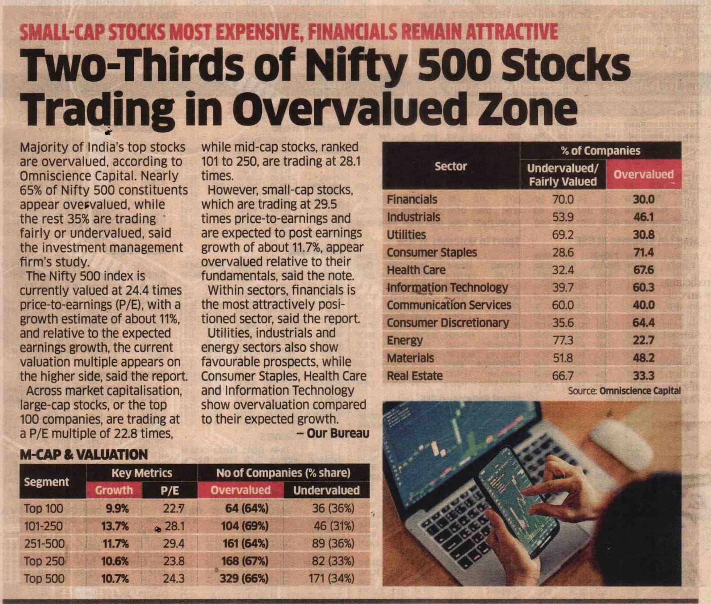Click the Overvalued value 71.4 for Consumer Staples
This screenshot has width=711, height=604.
click(643, 252)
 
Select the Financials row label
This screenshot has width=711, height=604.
click(412, 199)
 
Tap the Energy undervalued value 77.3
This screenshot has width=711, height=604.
click(563, 340)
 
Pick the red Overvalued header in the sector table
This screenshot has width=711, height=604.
click(643, 174)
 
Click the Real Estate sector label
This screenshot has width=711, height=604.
click(415, 376)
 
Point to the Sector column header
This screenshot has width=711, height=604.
click(451, 166)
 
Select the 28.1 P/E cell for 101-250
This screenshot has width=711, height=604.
click(174, 526)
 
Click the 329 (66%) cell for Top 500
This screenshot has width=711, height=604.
click(244, 579)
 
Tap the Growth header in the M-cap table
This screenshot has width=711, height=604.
click(114, 490)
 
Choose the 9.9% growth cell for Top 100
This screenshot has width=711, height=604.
click(117, 508)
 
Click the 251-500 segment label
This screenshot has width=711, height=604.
click(44, 544)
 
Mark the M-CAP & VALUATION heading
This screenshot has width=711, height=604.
click(84, 454)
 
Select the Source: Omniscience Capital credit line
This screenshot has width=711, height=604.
click(624, 391)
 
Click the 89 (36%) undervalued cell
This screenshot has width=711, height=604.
click(333, 544)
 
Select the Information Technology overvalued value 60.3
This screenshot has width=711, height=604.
click(643, 287)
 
